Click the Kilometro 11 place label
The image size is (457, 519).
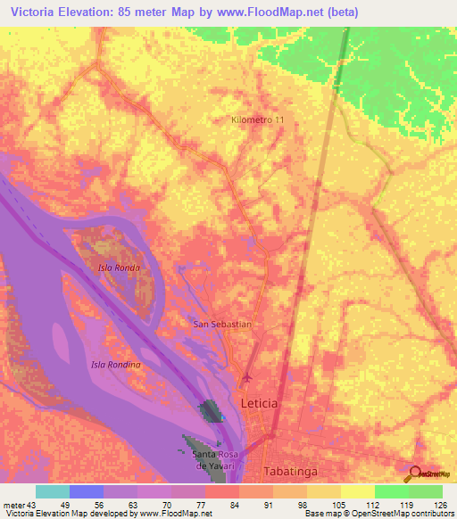pos(258,119)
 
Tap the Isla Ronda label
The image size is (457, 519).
pos(119,268)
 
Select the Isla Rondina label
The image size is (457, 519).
pos(116,365)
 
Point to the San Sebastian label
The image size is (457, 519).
pos(223,325)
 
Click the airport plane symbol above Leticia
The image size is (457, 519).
pos(248,378)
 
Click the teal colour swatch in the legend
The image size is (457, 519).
pos(53,491)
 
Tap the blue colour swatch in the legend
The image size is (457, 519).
pos(87,491)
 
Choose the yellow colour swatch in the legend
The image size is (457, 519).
pos(358,491)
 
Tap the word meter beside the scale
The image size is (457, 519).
pos(14,504)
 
